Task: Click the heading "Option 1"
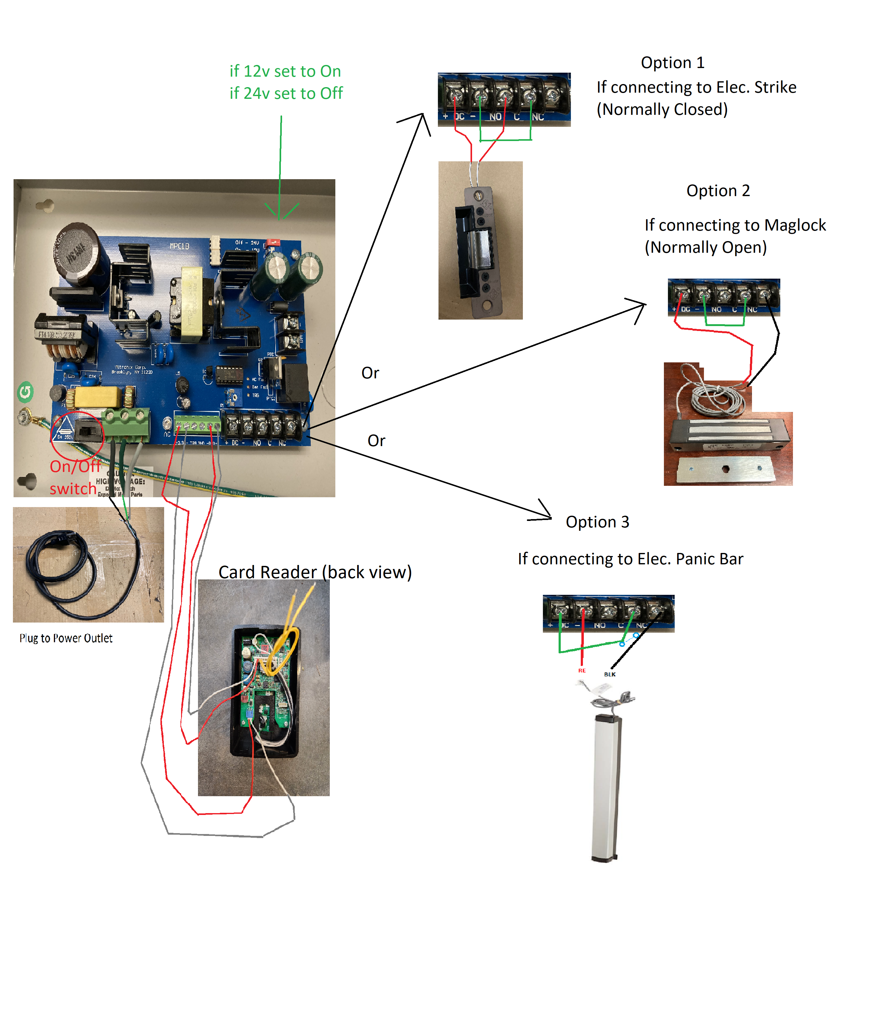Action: point(673,62)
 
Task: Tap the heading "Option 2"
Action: point(718,190)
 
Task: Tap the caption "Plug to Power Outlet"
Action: point(66,638)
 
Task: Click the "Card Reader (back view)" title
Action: point(315,572)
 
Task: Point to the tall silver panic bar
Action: point(606,788)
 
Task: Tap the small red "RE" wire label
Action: point(582,671)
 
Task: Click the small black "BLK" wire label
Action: point(610,674)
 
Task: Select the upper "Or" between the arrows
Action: point(370,373)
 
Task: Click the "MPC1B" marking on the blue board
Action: point(179,246)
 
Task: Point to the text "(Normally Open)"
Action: point(705,248)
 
